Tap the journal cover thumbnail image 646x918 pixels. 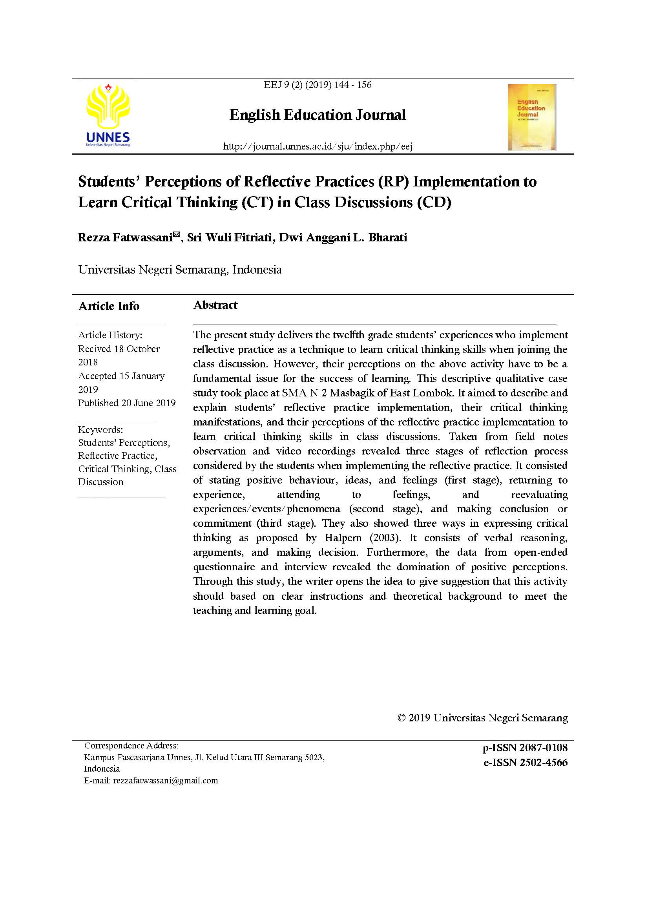(x=531, y=117)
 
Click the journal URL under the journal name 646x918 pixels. (x=318, y=146)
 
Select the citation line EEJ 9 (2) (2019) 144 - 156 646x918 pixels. (x=318, y=85)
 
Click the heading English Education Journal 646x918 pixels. (x=318, y=115)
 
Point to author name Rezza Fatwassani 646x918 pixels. (x=125, y=238)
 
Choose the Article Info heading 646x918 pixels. (x=109, y=306)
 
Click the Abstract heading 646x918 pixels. (x=215, y=305)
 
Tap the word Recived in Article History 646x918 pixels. (x=94, y=349)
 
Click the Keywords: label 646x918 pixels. (x=100, y=430)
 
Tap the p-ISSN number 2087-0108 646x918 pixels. (x=543, y=748)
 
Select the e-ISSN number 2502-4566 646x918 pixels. (x=543, y=763)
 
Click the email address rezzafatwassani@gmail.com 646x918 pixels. (x=166, y=781)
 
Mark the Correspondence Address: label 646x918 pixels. (x=131, y=746)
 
